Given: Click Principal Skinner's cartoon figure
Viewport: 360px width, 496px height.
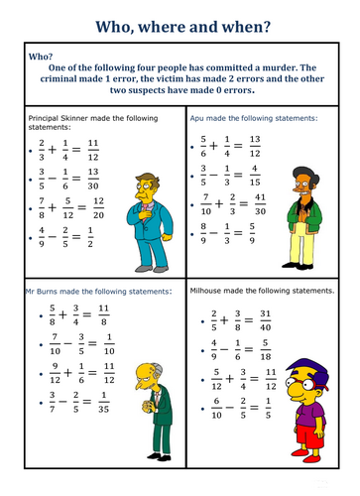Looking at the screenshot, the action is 133,209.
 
